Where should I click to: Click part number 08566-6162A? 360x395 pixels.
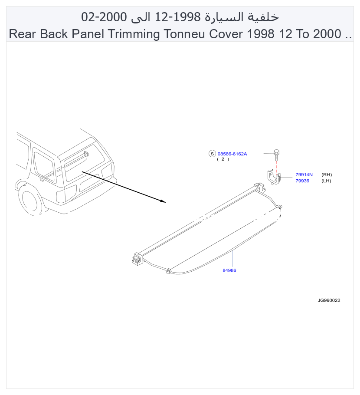232,154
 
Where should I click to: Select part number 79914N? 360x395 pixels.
304,174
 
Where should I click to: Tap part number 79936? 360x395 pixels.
302,181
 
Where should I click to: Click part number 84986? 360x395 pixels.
229,270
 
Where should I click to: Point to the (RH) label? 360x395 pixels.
327,174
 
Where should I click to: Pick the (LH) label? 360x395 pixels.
326,181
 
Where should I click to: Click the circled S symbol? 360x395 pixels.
212,154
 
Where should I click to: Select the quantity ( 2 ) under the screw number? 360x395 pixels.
223,159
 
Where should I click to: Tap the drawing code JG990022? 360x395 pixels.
329,300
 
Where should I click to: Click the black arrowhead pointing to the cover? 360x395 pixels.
163,201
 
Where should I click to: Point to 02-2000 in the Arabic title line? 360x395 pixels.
104,17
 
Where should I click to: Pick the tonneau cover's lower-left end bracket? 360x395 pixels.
137,258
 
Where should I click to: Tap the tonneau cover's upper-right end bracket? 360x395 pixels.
259,187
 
